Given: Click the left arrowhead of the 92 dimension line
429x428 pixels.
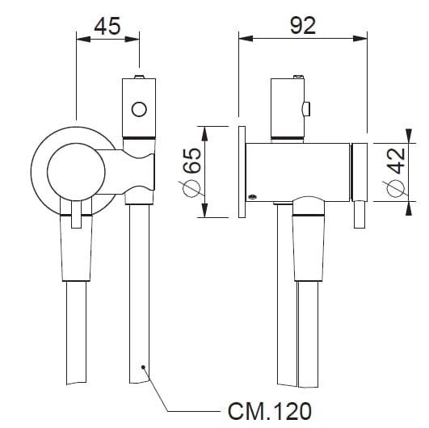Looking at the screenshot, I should [x=242, y=36].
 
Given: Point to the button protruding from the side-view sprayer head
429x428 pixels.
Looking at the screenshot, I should [x=307, y=107].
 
